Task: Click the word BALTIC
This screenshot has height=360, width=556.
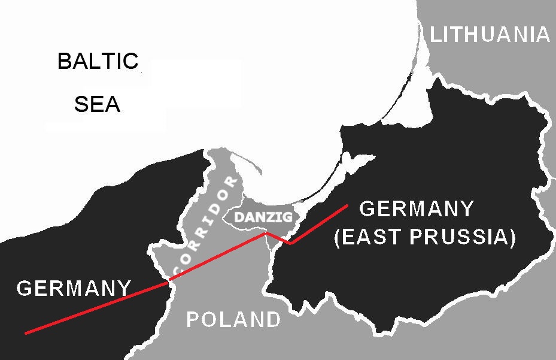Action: pos(98,61)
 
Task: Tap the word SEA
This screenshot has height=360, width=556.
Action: pos(97,105)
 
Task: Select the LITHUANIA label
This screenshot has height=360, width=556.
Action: pos(490,35)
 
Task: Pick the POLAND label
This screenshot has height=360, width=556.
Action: pos(233,320)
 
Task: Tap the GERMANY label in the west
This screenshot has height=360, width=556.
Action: pos(74,289)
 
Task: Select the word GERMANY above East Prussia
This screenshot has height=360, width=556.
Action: pos(417,209)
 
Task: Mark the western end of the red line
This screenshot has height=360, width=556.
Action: pos(26,332)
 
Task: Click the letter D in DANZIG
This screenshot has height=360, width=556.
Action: pos(238,217)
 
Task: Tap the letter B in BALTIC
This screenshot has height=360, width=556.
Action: pos(64,61)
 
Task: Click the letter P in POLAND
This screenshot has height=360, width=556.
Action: pos(193,320)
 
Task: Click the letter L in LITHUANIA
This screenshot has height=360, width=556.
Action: pos(436,35)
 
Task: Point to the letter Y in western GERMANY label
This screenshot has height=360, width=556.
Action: pos(123,289)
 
